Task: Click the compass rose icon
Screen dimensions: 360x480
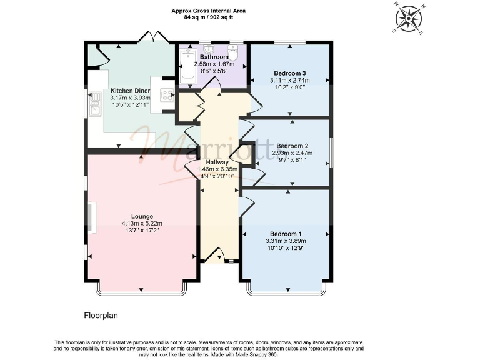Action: pos(409,18)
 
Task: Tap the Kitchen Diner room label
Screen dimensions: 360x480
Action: pos(130,91)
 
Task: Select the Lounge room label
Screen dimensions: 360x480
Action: pos(142,216)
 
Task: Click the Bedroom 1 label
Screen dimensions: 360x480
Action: pos(286,233)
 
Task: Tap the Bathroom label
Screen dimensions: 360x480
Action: pos(214,57)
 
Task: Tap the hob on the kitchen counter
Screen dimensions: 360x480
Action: pos(167,95)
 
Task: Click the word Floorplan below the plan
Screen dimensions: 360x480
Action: pos(101,316)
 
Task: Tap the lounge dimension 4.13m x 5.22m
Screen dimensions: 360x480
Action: pos(142,223)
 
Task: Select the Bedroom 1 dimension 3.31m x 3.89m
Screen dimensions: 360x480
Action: pos(286,241)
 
